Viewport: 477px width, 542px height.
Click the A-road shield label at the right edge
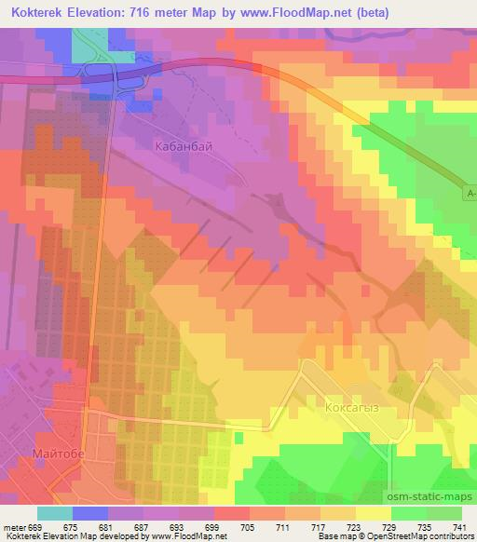coord(470,193)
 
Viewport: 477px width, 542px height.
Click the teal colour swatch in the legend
coord(55,513)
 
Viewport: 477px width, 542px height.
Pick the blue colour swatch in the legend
coord(90,513)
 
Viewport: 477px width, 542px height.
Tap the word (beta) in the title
coord(366,12)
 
